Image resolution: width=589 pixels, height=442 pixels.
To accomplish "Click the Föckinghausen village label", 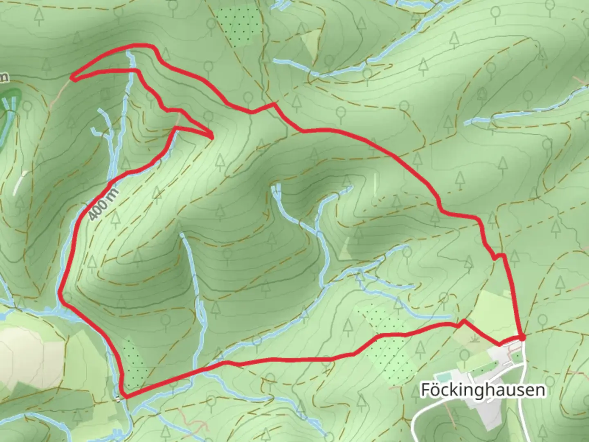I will (x=483, y=390).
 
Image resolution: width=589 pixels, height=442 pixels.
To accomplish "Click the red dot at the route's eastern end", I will (x=522, y=337).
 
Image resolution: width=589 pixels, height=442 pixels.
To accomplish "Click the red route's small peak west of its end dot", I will (x=463, y=322).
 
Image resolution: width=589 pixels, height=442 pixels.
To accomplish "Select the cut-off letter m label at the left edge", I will (x=3, y=77).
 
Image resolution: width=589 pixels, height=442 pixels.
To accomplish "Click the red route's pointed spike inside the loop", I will (x=212, y=136).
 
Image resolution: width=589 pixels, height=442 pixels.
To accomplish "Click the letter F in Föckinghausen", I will (x=426, y=390).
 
